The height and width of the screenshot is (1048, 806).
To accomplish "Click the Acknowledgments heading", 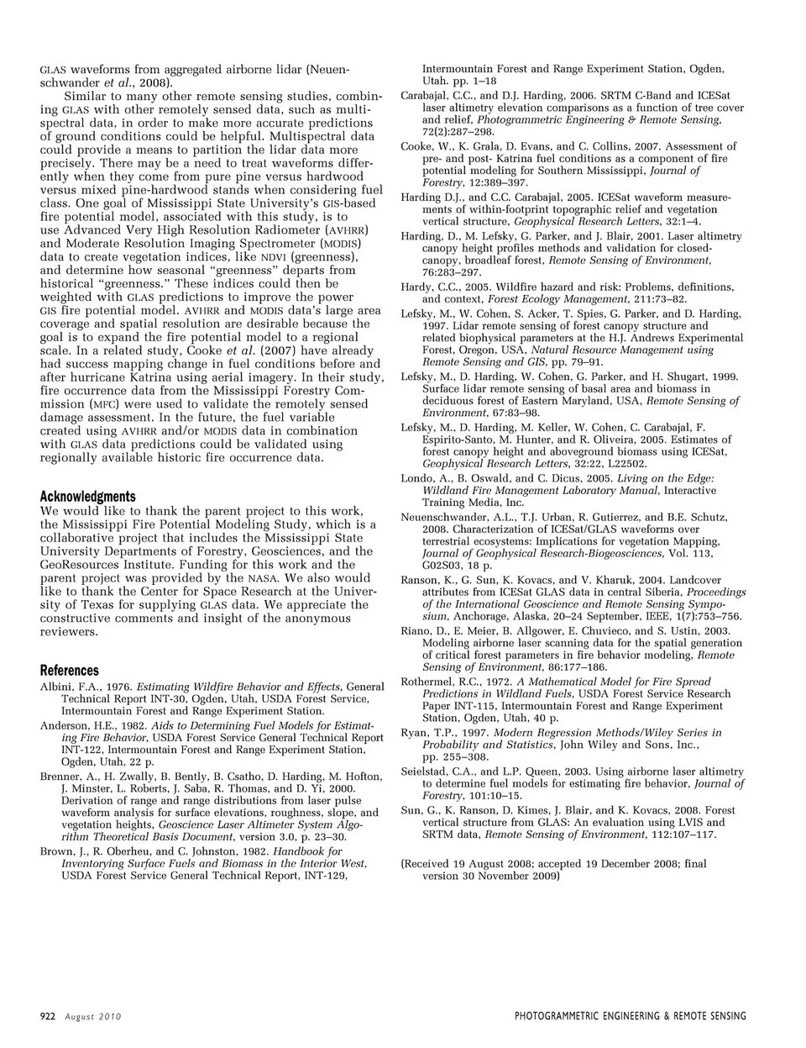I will pos(87,497).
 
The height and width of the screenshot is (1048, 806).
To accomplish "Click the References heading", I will pos(70,671).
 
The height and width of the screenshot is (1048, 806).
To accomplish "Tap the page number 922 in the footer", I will pos(48,1016).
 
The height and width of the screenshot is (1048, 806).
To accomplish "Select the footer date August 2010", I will pos(93,1017).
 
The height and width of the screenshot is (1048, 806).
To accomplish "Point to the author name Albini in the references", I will pos(57,687).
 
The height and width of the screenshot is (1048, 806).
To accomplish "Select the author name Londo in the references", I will pos(416,478).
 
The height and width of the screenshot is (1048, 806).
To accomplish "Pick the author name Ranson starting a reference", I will pos(419,580).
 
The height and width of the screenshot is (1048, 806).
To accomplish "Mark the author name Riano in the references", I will pos(416,630).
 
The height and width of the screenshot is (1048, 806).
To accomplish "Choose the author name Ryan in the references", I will pos(414,733).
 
